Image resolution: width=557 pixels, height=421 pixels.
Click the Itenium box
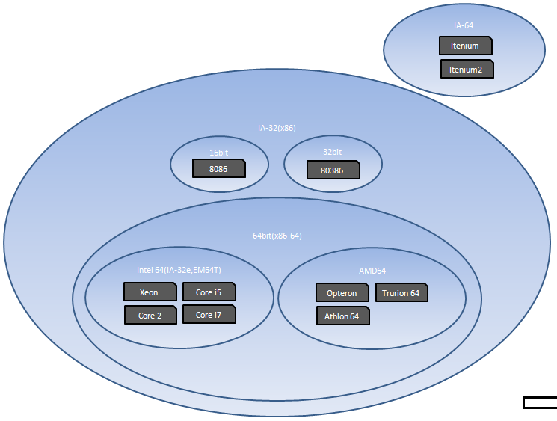(x=466, y=46)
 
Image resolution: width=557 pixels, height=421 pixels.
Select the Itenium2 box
(x=467, y=69)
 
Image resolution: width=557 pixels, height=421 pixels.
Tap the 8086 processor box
(x=219, y=168)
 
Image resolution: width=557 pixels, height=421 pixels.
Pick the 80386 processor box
(x=333, y=170)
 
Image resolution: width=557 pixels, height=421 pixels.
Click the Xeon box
(x=150, y=292)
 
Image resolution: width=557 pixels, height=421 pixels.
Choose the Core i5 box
(x=209, y=292)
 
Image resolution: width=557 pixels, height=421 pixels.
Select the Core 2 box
(x=150, y=315)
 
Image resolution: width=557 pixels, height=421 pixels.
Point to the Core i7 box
(x=209, y=314)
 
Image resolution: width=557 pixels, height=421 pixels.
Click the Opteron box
(x=342, y=292)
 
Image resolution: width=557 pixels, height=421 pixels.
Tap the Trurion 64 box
(x=401, y=292)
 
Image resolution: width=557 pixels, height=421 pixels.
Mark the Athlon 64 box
(x=343, y=316)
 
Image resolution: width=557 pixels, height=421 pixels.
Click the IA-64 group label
(x=464, y=25)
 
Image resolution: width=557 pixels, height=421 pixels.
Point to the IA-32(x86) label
(x=277, y=128)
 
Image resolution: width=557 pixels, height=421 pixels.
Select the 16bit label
(x=218, y=153)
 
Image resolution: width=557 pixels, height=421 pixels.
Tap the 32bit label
(x=332, y=152)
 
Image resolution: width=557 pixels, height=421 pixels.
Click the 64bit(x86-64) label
(x=277, y=236)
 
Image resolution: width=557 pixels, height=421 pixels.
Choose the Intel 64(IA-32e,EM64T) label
(x=179, y=270)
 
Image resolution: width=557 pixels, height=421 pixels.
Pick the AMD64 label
(x=372, y=271)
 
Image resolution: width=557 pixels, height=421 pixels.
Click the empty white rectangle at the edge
(x=540, y=402)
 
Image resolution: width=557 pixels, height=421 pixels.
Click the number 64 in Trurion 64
(x=415, y=293)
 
